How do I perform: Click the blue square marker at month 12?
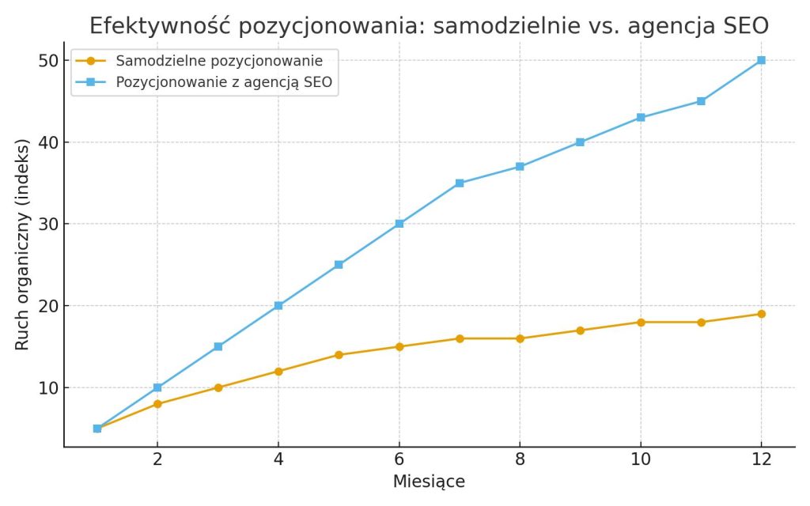(x=761, y=60)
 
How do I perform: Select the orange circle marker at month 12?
(x=761, y=314)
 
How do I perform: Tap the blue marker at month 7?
(x=460, y=183)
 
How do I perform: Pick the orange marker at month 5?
(x=339, y=355)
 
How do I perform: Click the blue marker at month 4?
(x=278, y=305)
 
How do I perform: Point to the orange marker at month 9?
(x=580, y=330)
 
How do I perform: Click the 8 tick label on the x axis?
(x=520, y=460)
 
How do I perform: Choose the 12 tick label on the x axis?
(x=761, y=460)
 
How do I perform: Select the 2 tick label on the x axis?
(x=157, y=460)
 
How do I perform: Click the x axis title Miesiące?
(x=429, y=481)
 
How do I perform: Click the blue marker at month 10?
(x=641, y=118)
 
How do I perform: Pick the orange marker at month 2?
(x=157, y=404)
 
